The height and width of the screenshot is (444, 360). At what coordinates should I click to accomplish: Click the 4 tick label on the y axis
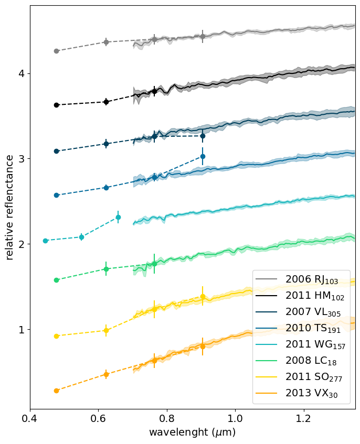[22, 74]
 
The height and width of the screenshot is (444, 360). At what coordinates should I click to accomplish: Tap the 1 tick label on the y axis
[22, 330]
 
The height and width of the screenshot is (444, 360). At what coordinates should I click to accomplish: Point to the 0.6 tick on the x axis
[98, 419]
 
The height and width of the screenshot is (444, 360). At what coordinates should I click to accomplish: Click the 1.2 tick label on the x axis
[303, 419]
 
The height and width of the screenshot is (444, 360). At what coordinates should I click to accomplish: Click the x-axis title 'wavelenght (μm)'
[192, 433]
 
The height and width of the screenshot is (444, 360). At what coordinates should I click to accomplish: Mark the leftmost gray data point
[56, 51]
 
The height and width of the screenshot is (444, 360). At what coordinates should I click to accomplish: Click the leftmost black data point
[56, 105]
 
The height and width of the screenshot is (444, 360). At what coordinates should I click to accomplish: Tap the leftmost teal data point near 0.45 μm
[45, 241]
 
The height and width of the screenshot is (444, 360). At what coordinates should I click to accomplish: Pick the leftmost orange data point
[56, 391]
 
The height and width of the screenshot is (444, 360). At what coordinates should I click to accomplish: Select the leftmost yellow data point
[56, 336]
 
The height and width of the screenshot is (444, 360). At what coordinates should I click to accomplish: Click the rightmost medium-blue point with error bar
[203, 156]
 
